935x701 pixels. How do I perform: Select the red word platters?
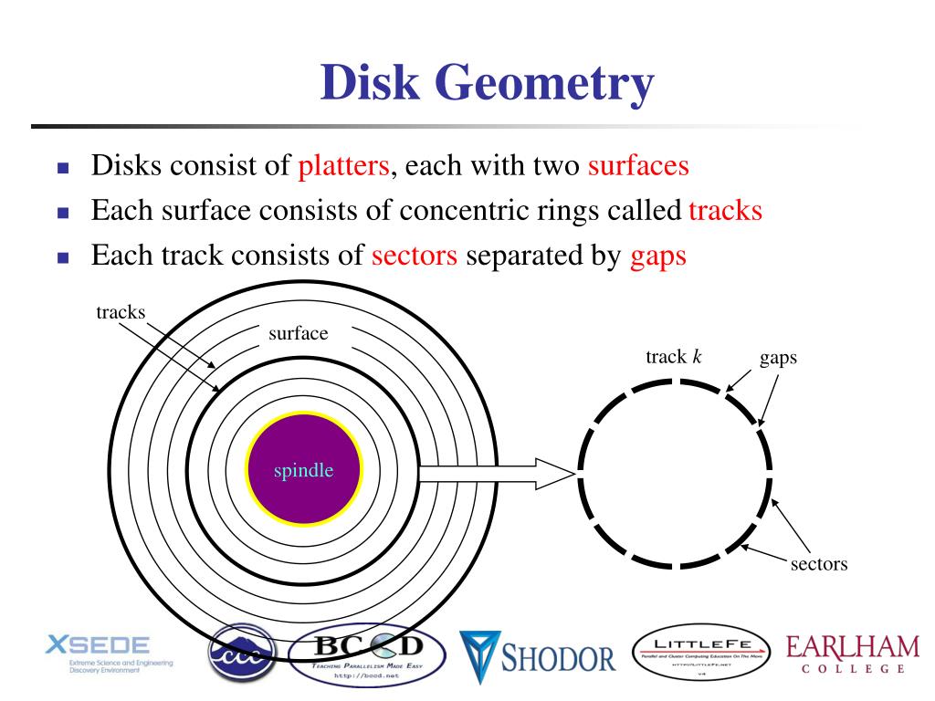(x=344, y=167)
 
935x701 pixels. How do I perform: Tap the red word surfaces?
(x=638, y=167)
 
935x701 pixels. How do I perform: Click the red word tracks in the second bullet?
(x=725, y=211)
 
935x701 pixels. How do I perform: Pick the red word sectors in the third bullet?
(x=415, y=256)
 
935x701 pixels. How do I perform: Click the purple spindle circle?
(x=304, y=471)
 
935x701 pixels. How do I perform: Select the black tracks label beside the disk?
(x=121, y=312)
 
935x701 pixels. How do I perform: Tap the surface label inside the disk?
(x=298, y=333)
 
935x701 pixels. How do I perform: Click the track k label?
(x=673, y=356)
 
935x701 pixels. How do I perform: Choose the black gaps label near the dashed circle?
(x=778, y=357)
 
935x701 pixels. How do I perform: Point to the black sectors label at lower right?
(x=818, y=563)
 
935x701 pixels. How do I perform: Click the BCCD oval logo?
(x=367, y=655)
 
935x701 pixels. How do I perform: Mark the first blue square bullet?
(x=63, y=169)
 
